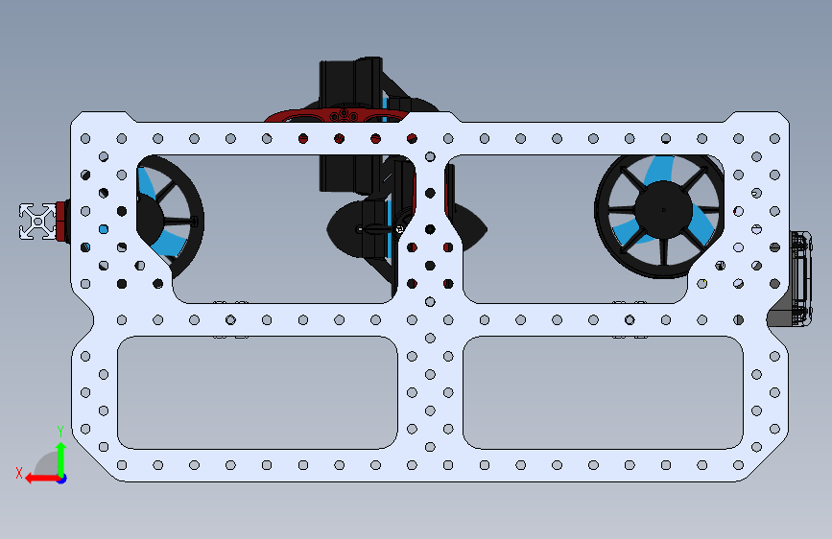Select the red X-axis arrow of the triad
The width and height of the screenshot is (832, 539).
(x=37, y=478)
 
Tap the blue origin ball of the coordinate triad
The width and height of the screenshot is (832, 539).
(x=60, y=478)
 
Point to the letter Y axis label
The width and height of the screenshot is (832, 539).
(x=59, y=431)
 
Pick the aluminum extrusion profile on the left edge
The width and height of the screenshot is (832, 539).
(x=37, y=221)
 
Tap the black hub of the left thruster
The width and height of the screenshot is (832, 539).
(x=143, y=215)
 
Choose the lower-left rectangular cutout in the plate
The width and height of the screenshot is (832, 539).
(x=256, y=392)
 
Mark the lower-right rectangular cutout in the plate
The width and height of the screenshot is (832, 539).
(x=603, y=392)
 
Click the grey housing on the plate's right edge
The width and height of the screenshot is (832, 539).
(x=799, y=278)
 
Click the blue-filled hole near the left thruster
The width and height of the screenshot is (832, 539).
(x=104, y=229)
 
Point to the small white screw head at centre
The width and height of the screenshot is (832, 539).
(x=399, y=228)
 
